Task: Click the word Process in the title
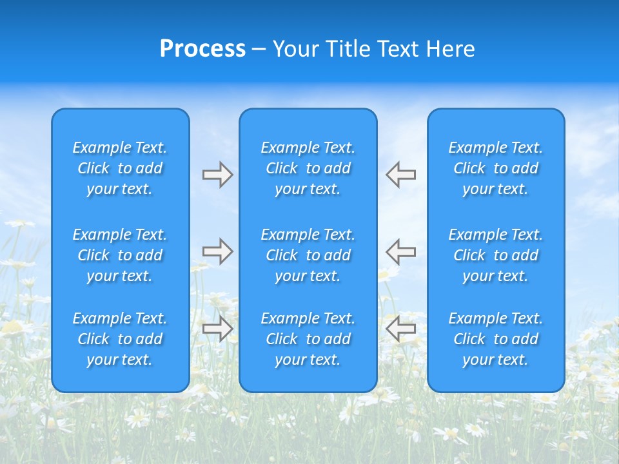[x=202, y=49]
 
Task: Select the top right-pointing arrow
[x=218, y=175]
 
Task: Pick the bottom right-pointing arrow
[x=218, y=329]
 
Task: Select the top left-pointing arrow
[x=401, y=175]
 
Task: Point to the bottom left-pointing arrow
[x=401, y=329]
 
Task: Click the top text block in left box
[x=120, y=168]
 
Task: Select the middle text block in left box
[x=120, y=255]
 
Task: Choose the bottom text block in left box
[x=120, y=339]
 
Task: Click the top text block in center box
[x=308, y=168]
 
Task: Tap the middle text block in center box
[x=308, y=255]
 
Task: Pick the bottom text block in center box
[x=308, y=339]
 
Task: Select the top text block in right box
[x=496, y=168]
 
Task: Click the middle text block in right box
[x=496, y=255]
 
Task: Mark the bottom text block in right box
[x=496, y=339]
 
